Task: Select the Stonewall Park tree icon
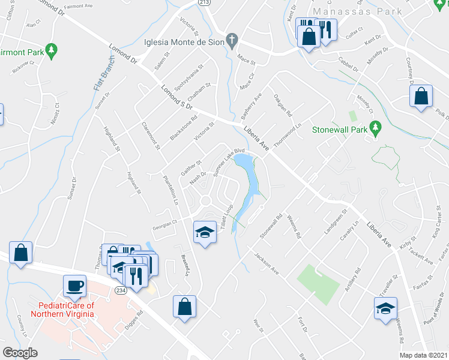[x=376, y=127]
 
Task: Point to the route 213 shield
[x=205, y=3]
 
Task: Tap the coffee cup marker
[x=75, y=286]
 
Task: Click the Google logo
[x=20, y=353]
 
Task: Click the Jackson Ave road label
[x=266, y=263]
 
